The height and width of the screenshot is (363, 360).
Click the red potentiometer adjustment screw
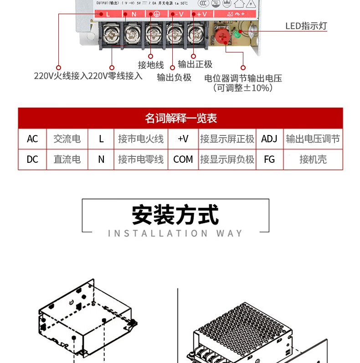click(222, 35)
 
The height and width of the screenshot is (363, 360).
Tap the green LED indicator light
click(237, 34)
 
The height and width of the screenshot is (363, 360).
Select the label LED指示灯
click(306, 26)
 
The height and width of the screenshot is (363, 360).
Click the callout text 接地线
click(151, 65)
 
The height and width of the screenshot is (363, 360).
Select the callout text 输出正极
click(195, 64)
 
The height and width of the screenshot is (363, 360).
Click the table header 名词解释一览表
click(180, 118)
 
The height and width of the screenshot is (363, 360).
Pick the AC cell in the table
click(32, 139)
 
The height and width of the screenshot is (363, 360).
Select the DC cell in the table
click(32, 159)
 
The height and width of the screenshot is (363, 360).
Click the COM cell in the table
click(183, 159)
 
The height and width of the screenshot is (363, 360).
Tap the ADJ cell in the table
click(269, 139)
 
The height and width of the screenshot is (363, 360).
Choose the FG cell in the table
click(269, 159)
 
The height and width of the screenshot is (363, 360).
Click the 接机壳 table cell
click(313, 159)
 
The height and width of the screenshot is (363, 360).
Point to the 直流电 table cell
click(67, 159)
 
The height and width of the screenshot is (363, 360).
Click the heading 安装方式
click(175, 215)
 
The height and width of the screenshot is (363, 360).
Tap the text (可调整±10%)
click(243, 88)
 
